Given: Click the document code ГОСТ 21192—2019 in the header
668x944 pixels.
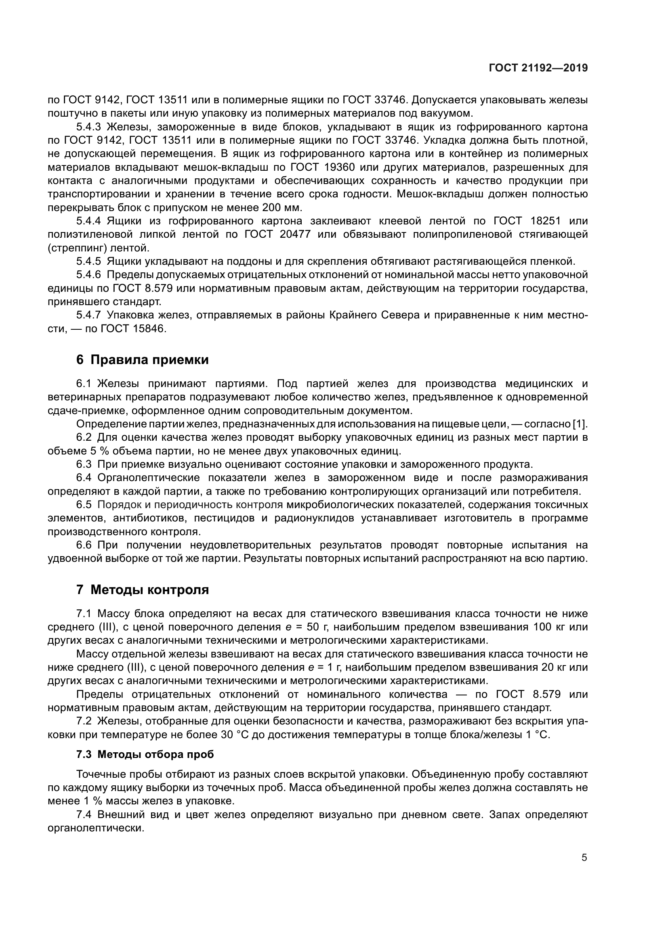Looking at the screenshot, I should [538, 68].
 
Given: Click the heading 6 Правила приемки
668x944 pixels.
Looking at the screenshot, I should [142, 360].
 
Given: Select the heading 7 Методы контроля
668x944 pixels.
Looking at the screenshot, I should [142, 590].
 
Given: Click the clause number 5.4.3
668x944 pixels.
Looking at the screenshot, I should [88, 127].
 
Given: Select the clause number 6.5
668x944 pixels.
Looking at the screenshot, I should [84, 504].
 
